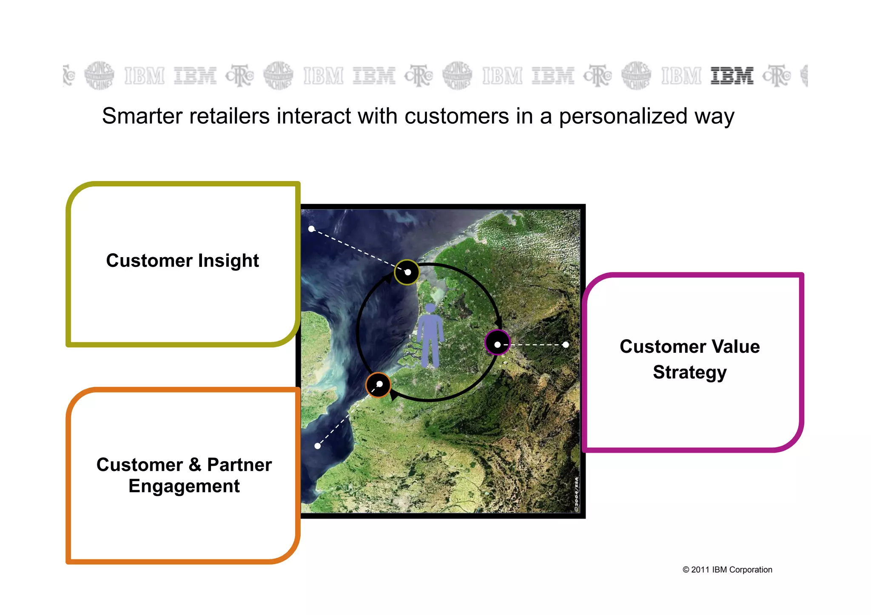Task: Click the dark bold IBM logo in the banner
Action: [x=732, y=76]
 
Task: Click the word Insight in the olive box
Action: [x=228, y=261]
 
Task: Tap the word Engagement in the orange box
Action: [x=184, y=486]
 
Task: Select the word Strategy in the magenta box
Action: [x=689, y=372]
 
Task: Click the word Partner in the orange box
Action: [x=239, y=465]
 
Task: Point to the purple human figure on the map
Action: [x=430, y=336]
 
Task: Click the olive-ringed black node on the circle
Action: [x=407, y=272]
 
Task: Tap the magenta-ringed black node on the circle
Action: [x=497, y=343]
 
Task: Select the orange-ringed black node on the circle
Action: [x=378, y=385]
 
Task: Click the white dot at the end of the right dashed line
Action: [x=566, y=345]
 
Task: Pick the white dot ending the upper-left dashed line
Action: [x=311, y=229]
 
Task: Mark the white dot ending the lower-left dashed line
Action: [x=317, y=446]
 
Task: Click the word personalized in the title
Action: [x=623, y=116]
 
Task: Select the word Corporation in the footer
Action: [x=751, y=570]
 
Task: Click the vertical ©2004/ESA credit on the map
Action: [x=576, y=494]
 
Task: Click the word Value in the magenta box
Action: [x=736, y=346]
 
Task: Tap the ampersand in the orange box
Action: [x=195, y=465]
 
